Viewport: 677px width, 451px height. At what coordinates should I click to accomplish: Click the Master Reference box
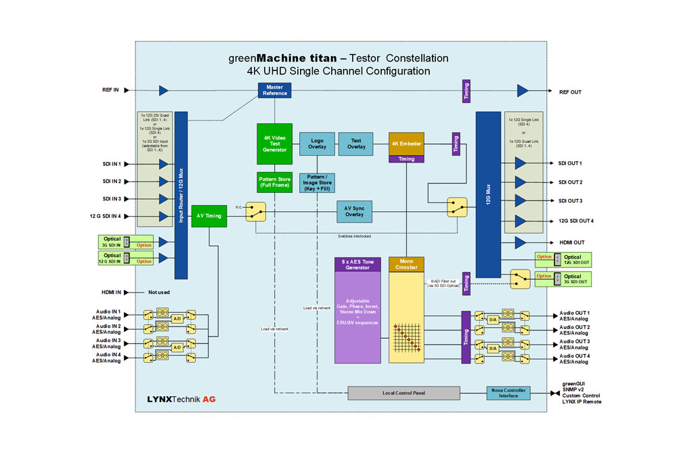[274, 90]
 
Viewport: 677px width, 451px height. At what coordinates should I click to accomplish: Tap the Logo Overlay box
[317, 143]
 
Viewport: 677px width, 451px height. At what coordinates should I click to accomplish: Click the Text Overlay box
[356, 143]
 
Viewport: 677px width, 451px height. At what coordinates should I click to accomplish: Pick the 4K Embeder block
[406, 143]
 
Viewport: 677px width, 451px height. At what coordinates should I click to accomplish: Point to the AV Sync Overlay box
[355, 211]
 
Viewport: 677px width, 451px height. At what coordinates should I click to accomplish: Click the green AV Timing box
[209, 215]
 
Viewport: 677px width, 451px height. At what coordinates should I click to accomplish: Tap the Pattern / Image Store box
[317, 183]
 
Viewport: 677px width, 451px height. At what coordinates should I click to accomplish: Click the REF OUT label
[571, 91]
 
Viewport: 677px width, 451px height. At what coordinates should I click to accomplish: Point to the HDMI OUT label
[572, 242]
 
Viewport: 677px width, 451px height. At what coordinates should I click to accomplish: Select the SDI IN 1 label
[108, 164]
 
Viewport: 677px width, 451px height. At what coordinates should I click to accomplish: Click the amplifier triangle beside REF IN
[164, 91]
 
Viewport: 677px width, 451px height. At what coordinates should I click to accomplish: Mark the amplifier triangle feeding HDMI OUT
[521, 242]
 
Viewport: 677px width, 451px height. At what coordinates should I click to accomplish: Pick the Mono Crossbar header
[406, 265]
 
